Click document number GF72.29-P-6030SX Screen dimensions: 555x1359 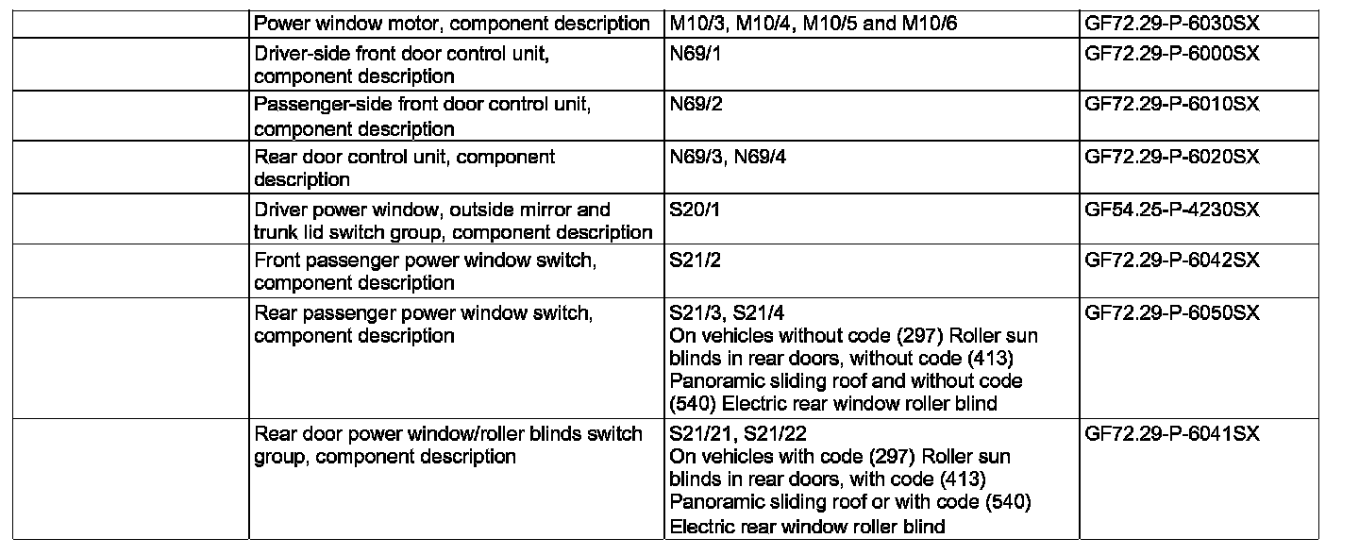click(1172, 24)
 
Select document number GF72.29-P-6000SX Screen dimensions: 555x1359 click(1172, 54)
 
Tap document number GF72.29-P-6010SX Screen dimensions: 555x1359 click(1172, 105)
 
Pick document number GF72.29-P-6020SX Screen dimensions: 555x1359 click(1172, 157)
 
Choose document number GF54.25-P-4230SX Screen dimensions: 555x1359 click(1172, 209)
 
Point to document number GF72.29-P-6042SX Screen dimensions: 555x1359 click(1172, 260)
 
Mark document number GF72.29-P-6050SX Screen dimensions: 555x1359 click(1172, 312)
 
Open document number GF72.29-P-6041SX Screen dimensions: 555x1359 click(1172, 434)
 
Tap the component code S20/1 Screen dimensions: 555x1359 click(695, 209)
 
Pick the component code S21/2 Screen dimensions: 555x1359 click(695, 260)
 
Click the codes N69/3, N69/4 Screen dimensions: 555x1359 click(727, 157)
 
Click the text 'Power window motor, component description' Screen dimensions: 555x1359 click(452, 24)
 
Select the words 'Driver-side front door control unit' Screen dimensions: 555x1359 click(402, 54)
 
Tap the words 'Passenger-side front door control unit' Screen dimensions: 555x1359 click(423, 105)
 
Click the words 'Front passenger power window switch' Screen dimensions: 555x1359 click(425, 260)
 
